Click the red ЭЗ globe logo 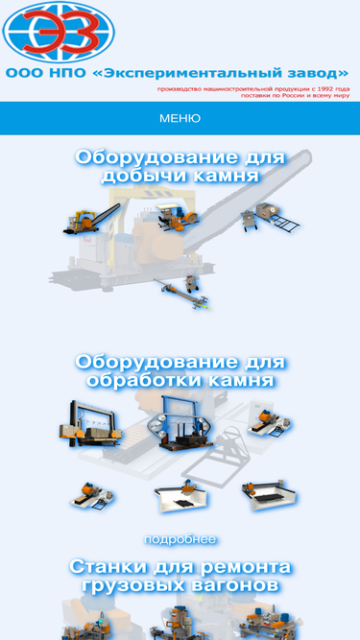click(x=59, y=32)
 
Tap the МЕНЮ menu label click(x=180, y=118)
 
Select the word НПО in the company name click(x=68, y=74)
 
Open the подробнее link click(x=180, y=539)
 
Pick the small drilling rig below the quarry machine click(x=182, y=292)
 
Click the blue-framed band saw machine click(x=180, y=424)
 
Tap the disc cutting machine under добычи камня click(x=178, y=216)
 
